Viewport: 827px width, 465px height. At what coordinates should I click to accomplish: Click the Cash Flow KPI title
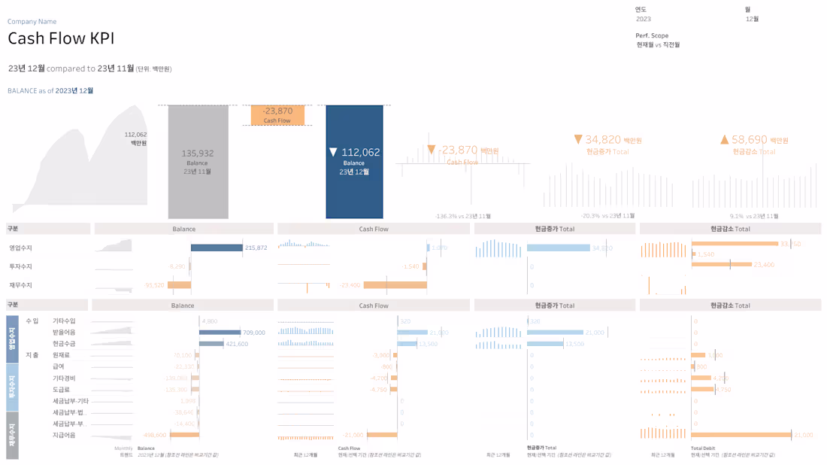click(x=61, y=39)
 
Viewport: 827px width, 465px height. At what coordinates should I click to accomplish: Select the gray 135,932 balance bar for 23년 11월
click(x=198, y=162)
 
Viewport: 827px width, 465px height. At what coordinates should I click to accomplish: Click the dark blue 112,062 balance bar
click(x=354, y=162)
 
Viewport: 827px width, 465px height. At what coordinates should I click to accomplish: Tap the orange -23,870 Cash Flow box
click(x=277, y=115)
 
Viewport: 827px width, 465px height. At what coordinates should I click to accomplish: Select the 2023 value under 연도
click(x=644, y=19)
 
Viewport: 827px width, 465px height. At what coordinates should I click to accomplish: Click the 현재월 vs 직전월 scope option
click(x=658, y=45)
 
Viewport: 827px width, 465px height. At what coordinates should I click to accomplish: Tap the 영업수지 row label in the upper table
click(x=20, y=248)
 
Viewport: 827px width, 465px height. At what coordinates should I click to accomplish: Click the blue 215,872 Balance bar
click(x=217, y=248)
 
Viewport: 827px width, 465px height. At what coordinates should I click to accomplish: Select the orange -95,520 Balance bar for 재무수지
click(x=180, y=285)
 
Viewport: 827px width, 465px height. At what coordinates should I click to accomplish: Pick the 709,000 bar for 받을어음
click(x=220, y=332)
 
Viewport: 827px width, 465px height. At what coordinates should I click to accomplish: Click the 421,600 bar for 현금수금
click(x=211, y=343)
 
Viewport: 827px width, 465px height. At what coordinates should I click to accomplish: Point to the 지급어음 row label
click(x=64, y=435)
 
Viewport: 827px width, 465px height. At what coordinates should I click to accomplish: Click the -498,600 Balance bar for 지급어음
click(x=184, y=435)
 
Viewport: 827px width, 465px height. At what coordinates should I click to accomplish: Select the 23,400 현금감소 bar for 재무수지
click(x=721, y=265)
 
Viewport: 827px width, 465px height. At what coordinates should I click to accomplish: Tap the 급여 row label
click(x=58, y=366)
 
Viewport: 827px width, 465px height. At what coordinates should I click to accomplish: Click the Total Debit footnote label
click(x=703, y=448)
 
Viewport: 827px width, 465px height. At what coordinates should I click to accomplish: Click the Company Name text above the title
click(x=32, y=22)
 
